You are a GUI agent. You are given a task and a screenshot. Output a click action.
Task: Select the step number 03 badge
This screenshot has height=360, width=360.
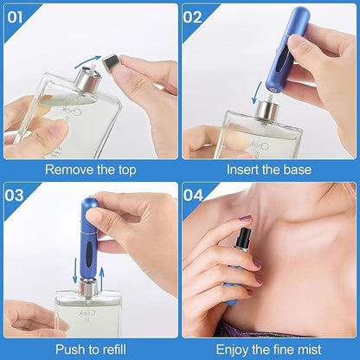click(x=16, y=194)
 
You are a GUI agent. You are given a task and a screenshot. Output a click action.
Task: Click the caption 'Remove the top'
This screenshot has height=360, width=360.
click(x=89, y=170)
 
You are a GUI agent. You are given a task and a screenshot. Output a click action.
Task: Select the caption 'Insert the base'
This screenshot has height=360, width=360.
click(x=270, y=170)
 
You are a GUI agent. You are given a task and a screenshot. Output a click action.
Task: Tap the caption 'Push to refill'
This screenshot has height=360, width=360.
click(x=89, y=349)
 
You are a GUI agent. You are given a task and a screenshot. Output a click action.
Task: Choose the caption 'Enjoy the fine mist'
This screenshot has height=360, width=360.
click(x=270, y=349)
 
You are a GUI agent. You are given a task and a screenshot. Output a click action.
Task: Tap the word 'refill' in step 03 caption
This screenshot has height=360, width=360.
click(x=113, y=349)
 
